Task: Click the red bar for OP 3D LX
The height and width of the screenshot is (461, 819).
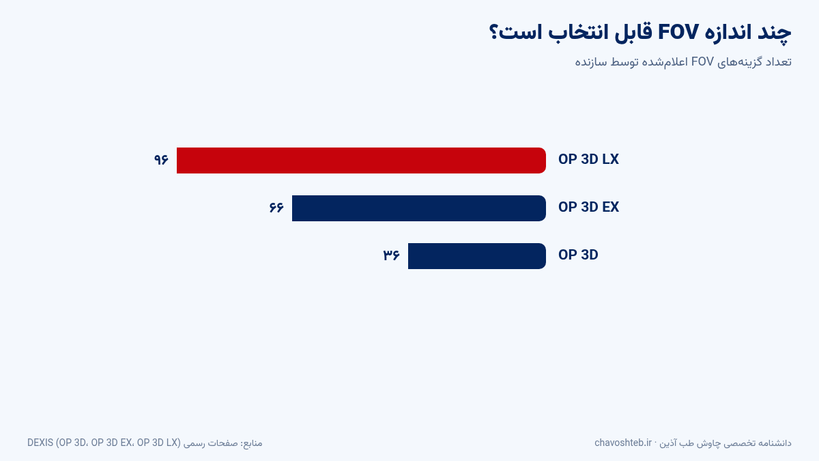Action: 361,160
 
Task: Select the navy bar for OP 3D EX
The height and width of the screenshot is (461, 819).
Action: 419,208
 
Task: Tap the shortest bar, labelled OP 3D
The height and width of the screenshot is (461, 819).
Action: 477,256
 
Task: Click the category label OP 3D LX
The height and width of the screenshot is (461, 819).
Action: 588,160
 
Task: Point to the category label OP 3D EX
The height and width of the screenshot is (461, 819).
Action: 588,207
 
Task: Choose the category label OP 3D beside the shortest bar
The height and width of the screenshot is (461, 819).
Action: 578,255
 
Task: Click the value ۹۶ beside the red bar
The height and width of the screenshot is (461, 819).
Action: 161,160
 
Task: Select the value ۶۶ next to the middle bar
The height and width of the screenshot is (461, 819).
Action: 276,208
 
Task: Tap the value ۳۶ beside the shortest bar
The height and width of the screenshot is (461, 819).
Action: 392,255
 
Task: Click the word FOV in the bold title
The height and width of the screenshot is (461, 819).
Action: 678,32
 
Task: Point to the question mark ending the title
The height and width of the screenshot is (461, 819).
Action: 493,32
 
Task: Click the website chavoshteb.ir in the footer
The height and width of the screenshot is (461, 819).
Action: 623,443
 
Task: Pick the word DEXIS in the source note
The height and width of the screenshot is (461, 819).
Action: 40,443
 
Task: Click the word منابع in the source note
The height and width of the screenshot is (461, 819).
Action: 252,443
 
